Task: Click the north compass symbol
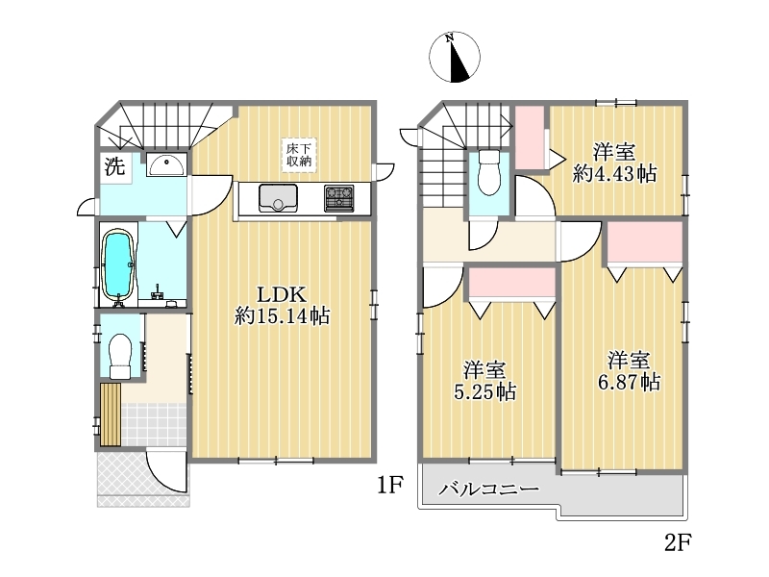click(x=454, y=57)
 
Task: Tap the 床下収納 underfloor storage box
click(x=299, y=155)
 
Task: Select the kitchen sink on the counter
click(x=278, y=197)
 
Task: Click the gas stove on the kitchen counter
click(x=338, y=198)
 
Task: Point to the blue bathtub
click(x=117, y=266)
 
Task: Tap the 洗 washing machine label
click(x=114, y=166)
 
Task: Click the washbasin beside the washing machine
click(x=166, y=164)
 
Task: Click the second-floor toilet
click(x=488, y=172)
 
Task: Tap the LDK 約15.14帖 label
click(x=282, y=305)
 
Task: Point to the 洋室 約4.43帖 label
click(x=614, y=163)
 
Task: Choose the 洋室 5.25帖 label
click(x=485, y=381)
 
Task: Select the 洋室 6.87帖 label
click(x=629, y=371)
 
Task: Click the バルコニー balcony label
click(x=488, y=489)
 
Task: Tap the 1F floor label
click(x=390, y=486)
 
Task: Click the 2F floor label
click(x=678, y=542)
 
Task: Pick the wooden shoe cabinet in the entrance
click(x=111, y=414)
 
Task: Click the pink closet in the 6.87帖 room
click(x=645, y=242)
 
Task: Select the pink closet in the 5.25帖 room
click(x=512, y=283)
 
